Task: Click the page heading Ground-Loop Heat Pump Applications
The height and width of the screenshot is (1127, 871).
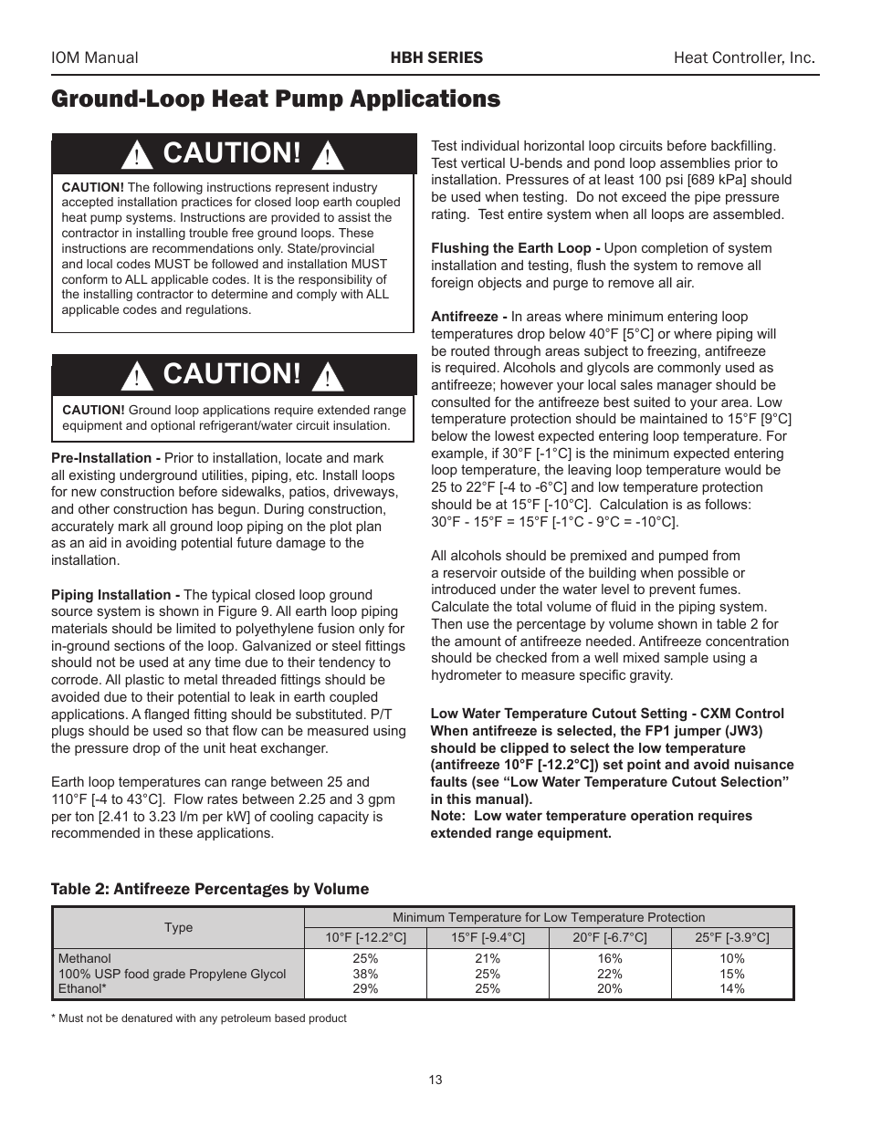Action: click(276, 99)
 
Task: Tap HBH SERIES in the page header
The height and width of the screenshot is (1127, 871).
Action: click(436, 57)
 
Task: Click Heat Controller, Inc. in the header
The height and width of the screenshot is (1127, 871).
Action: click(744, 57)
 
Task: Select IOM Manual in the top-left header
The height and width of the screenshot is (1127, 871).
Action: click(95, 57)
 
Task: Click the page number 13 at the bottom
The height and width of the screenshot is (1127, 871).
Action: click(435, 1080)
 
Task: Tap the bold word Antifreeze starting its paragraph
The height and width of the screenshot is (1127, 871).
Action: click(469, 317)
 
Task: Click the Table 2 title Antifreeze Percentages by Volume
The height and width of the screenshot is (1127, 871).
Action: click(210, 889)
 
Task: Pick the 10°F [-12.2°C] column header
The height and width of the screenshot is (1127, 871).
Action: click(365, 937)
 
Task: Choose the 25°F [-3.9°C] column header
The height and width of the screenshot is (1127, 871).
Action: click(732, 937)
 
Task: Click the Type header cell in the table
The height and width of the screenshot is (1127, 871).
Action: click(178, 927)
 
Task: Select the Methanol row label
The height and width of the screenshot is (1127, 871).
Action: click(85, 959)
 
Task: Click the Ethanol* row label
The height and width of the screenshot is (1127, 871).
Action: click(82, 988)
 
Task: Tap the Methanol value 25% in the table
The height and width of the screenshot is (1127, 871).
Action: click(365, 959)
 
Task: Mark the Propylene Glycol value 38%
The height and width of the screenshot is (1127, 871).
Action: click(365, 974)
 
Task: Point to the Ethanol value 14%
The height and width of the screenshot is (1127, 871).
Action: click(732, 988)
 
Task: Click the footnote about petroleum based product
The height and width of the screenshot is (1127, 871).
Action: click(199, 1018)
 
